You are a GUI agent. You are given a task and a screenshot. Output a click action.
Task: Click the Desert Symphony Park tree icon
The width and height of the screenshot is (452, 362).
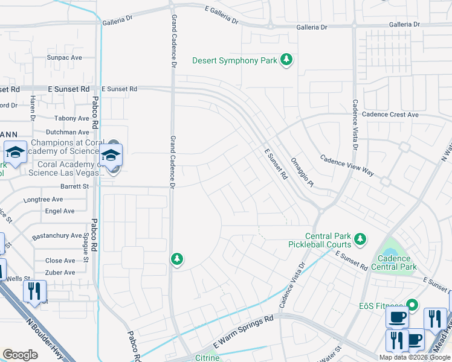(x=286, y=60)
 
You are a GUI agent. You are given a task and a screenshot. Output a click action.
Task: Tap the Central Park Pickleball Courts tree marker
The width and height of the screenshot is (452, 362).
(x=360, y=240)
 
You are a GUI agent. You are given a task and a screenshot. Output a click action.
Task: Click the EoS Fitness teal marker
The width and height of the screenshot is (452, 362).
(x=412, y=305)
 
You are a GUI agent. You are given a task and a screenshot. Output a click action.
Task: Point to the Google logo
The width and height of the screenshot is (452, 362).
(x=20, y=354)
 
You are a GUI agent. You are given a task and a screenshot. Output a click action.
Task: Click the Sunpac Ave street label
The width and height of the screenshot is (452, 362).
(x=64, y=57)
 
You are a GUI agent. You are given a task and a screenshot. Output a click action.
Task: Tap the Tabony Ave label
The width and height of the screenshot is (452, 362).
(x=71, y=118)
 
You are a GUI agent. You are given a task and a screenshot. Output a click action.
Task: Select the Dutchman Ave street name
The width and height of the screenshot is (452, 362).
(x=67, y=132)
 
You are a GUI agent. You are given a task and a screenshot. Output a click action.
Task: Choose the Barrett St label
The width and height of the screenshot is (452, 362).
(x=74, y=187)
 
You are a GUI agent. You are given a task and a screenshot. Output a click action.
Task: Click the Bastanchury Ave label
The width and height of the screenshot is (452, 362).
(x=59, y=235)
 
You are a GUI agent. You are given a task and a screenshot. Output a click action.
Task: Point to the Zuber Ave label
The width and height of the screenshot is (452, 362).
(x=60, y=272)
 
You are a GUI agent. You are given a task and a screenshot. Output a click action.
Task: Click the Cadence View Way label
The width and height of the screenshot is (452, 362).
(x=347, y=167)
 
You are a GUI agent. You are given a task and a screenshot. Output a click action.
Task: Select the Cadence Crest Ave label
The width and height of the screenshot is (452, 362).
(x=390, y=114)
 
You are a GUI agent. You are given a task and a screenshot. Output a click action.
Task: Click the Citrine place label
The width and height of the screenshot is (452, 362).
(x=207, y=358)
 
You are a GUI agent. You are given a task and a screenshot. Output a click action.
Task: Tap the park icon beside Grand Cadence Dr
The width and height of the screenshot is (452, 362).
(x=176, y=259)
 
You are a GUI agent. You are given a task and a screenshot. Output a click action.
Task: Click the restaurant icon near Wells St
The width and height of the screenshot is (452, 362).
(x=34, y=292)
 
